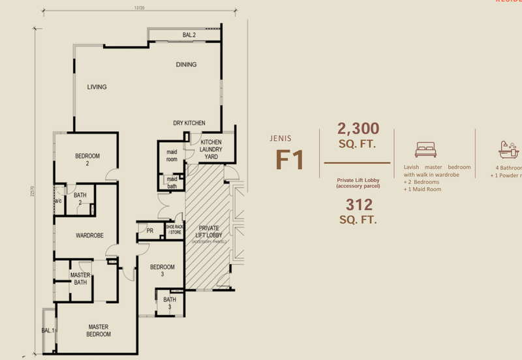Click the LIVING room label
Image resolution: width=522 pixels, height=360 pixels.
click(97, 87)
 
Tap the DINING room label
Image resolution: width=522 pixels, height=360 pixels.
click(186, 65)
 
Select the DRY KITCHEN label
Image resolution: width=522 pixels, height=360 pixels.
click(189, 123)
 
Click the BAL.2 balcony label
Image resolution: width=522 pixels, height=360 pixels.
click(189, 35)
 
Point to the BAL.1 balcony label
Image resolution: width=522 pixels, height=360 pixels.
click(48, 331)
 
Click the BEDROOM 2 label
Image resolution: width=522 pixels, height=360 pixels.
click(87, 160)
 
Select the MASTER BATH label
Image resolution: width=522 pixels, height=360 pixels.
click(80, 278)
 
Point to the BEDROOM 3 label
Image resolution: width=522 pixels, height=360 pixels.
click(162, 271)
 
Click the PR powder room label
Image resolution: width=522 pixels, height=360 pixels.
click(149, 230)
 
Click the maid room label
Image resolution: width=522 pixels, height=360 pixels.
click(172, 155)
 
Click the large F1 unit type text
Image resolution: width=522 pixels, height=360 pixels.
click(290, 160)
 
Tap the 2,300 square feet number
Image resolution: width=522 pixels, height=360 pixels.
click(357, 128)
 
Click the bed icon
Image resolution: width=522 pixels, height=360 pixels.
click(425, 149)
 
